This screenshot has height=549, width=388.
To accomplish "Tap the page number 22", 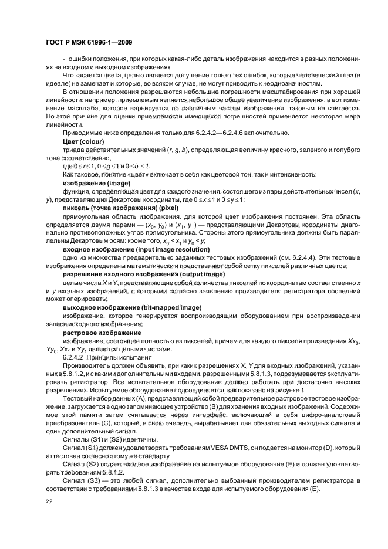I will point(49,501).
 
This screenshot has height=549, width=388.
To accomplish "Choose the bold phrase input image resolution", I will point(166,249).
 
